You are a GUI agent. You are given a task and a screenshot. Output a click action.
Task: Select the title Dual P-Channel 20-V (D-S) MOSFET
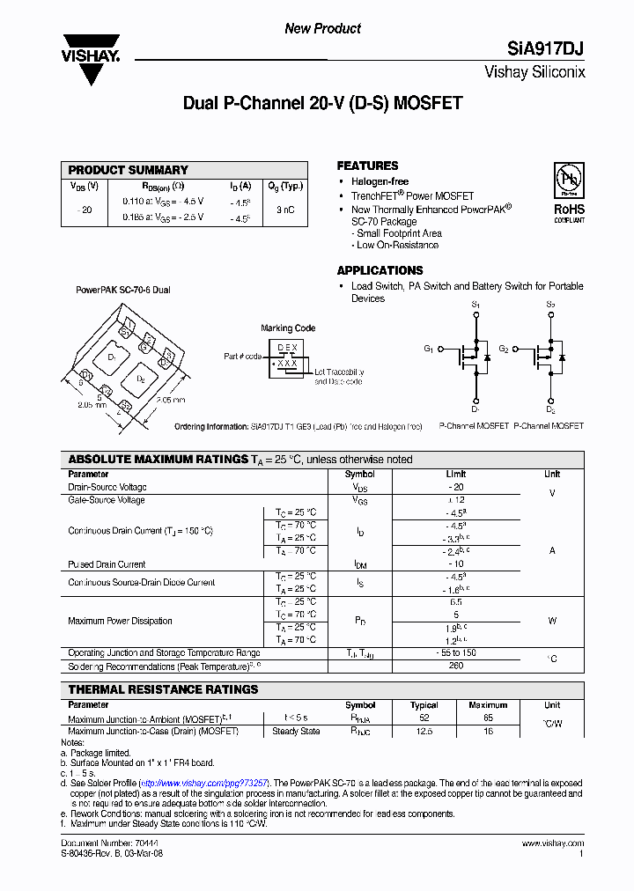322,103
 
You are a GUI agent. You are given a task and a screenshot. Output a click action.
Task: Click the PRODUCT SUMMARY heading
129,170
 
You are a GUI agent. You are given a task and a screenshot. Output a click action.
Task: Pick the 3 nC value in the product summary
285,210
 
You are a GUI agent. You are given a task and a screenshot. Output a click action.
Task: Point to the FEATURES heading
367,166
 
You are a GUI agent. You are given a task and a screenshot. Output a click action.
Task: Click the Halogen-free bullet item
380,181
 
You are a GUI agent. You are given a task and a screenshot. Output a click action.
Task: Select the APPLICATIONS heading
380,270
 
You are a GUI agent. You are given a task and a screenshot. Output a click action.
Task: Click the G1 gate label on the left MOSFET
429,349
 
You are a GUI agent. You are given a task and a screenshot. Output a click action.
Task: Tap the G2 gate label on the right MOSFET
504,349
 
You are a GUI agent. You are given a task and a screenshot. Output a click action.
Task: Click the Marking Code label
288,328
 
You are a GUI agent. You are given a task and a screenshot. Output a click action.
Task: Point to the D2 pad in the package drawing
141,379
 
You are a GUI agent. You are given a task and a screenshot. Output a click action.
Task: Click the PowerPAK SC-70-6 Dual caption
123,289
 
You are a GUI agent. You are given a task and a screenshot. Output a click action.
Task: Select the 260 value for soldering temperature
456,666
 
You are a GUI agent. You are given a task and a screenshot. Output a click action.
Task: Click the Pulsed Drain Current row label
107,564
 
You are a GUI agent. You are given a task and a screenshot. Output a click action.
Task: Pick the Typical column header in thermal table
424,705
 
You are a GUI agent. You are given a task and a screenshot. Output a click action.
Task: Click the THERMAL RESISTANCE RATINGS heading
163,689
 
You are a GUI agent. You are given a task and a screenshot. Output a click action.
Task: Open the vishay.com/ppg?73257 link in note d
204,783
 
